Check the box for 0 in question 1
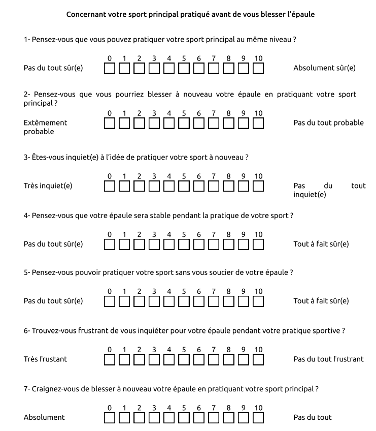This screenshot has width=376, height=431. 110,68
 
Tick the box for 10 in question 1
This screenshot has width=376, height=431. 258,68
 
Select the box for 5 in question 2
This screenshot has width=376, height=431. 184,122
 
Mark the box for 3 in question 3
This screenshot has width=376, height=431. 154,186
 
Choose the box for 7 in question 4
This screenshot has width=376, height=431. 214,244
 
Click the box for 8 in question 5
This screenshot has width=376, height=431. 228,301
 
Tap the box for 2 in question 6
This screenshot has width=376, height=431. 140,359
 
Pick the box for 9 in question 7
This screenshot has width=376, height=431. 244,417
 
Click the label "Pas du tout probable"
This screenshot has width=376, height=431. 328,122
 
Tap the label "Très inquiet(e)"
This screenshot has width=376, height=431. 48,186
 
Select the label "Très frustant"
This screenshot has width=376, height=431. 45,359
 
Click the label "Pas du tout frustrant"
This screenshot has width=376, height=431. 328,359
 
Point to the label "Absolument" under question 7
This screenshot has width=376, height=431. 44,417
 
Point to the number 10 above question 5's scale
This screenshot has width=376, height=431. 258,291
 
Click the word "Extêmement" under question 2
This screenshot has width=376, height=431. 45,122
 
